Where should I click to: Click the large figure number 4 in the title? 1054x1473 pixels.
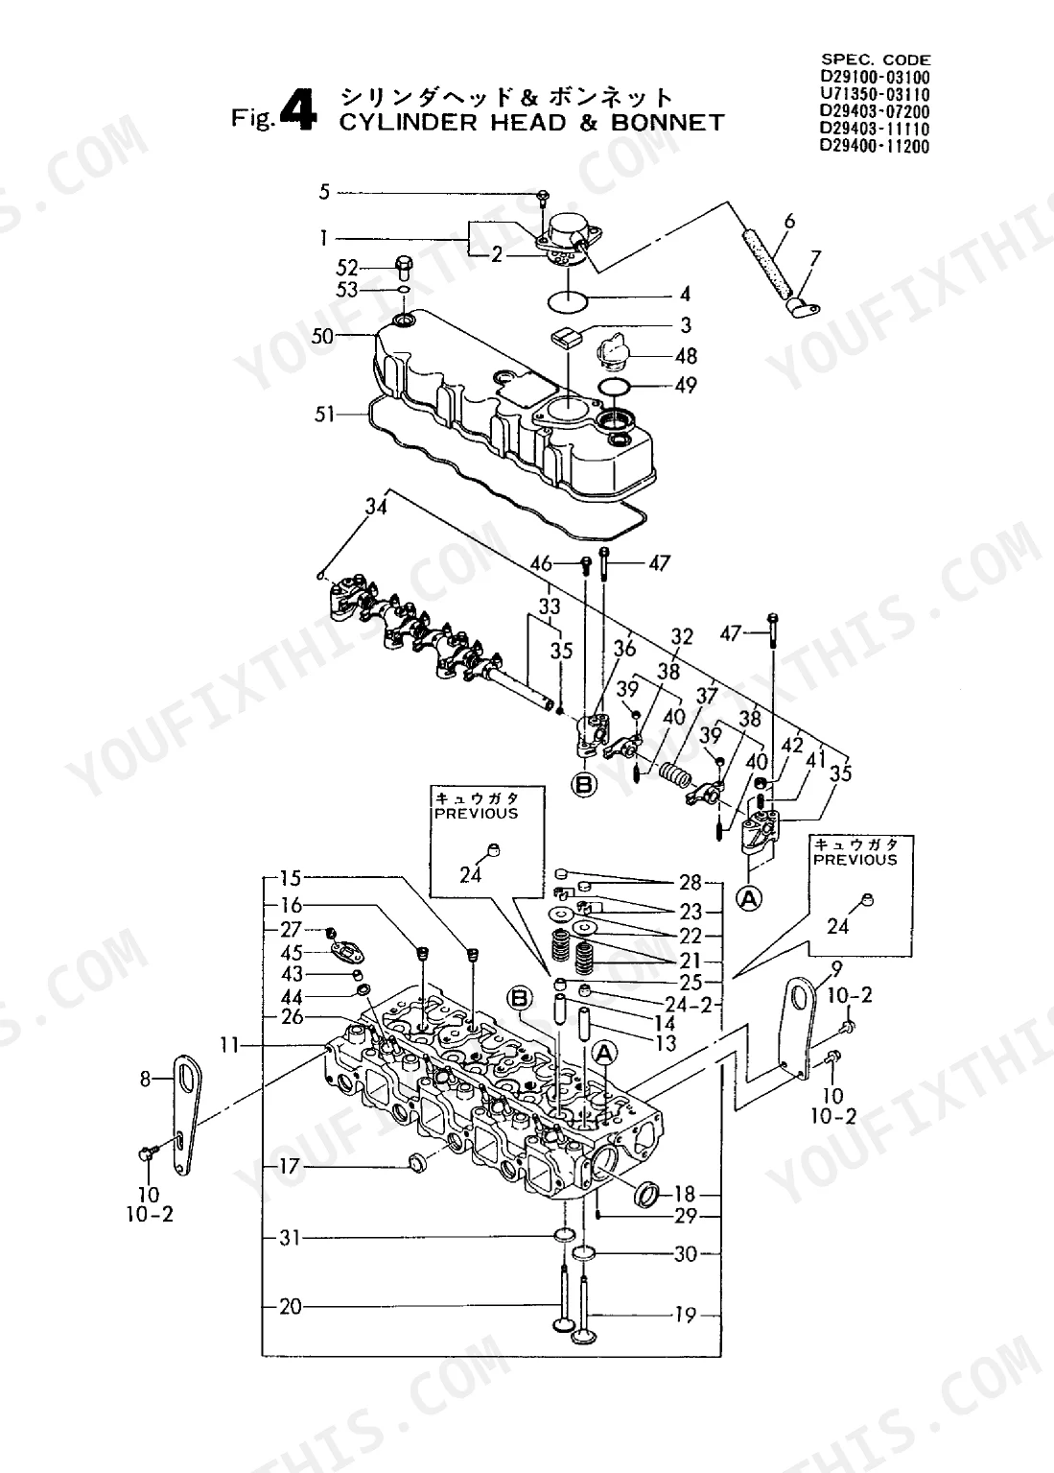pyautogui.click(x=299, y=110)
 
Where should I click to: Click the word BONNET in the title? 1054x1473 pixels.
pyautogui.click(x=668, y=123)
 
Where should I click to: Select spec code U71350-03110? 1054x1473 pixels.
pyautogui.click(x=875, y=94)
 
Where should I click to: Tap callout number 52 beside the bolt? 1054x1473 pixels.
pyautogui.click(x=347, y=268)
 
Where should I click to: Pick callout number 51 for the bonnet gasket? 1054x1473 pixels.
pyautogui.click(x=324, y=415)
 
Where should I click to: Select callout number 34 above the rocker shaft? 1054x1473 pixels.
pyautogui.click(x=377, y=506)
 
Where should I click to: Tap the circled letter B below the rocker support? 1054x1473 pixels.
pyautogui.click(x=584, y=785)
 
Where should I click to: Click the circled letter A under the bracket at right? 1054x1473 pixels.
pyautogui.click(x=748, y=899)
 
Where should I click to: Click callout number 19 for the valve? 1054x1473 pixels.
pyautogui.click(x=685, y=1316)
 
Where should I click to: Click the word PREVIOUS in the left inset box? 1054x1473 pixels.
pyautogui.click(x=477, y=814)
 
